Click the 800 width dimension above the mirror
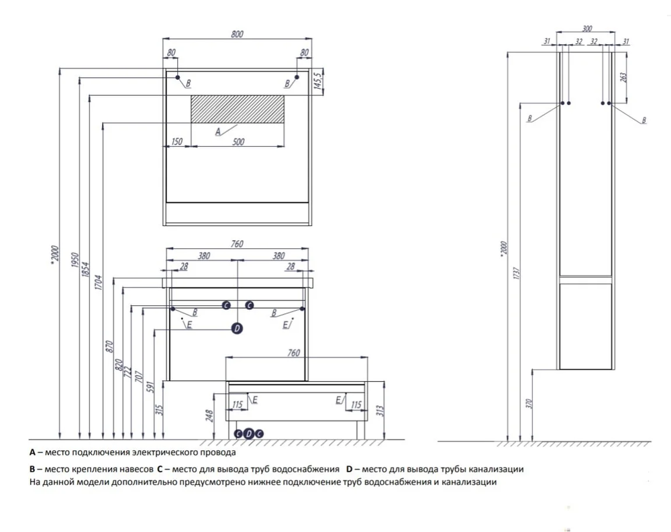coord(237,35)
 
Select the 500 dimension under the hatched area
coord(238,141)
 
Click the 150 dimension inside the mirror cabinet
coord(177,141)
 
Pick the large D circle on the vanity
coord(236,328)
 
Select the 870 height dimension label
coord(109,346)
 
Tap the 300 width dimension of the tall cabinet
coord(586,29)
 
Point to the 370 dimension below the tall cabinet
coord(528,404)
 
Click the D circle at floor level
coord(249,433)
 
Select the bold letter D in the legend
coord(349,468)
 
